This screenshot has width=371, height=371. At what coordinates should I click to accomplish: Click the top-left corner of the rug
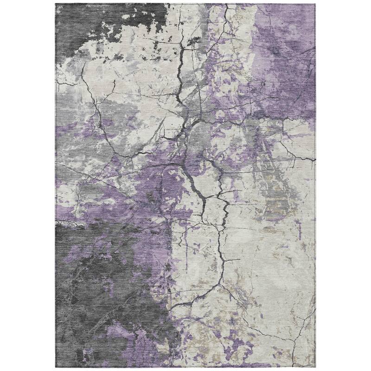(56, 4)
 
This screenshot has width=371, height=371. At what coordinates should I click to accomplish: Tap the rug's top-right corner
(315, 4)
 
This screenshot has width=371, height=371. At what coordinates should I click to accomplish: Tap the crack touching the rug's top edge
(226, 6)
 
